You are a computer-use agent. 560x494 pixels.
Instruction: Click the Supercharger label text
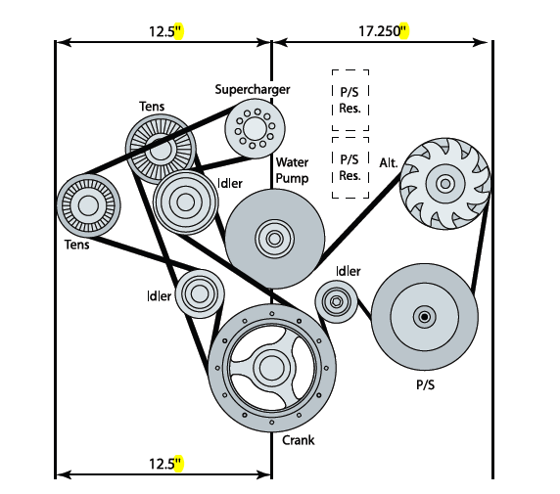pos(253,89)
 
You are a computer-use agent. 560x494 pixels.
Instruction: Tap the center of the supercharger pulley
pos(255,128)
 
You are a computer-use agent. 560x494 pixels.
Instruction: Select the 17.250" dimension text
pos(384,31)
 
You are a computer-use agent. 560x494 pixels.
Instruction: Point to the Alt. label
pos(389,163)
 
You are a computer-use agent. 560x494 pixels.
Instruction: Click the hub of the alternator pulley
pos(445,184)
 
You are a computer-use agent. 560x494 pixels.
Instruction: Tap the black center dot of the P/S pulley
pos(425,317)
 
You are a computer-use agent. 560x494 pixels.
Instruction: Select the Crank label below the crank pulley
pos(299,440)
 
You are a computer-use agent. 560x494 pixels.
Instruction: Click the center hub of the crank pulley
pos(272,368)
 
